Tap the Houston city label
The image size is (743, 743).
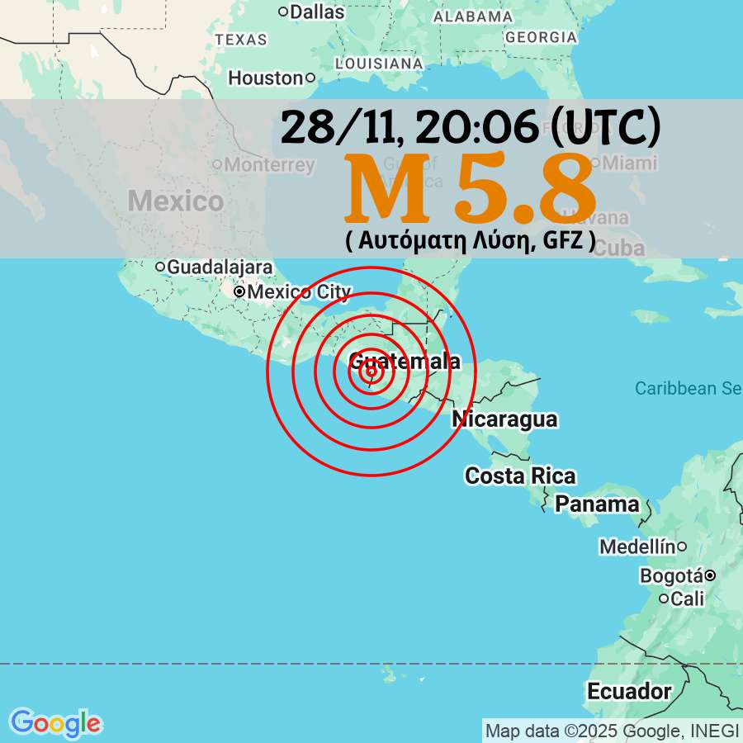[x=266, y=78]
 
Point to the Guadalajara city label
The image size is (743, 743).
[x=220, y=267]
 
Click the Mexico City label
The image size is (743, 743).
[x=299, y=292]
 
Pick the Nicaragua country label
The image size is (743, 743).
[x=504, y=419]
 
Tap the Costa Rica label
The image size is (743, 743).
[x=520, y=476]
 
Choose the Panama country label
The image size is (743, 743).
[x=597, y=504]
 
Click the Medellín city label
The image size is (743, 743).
[x=637, y=547]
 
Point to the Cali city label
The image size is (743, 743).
[x=688, y=599]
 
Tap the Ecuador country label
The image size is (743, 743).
[x=629, y=690]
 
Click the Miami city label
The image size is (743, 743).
[x=629, y=163]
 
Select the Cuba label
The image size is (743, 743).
[x=618, y=248]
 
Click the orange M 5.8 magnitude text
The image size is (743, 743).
[x=470, y=190]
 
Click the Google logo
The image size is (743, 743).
[x=55, y=723]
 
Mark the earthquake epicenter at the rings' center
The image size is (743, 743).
[x=371, y=371]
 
